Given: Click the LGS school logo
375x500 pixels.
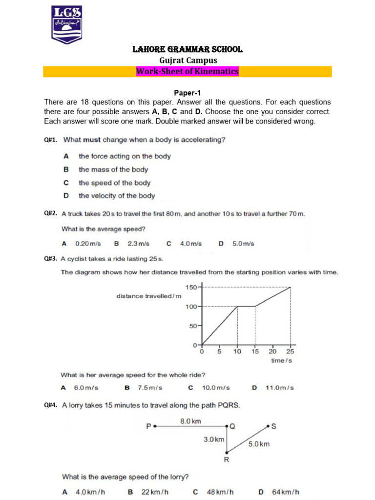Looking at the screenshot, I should pos(67,24).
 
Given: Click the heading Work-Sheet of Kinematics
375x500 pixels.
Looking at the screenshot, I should pos(187,72).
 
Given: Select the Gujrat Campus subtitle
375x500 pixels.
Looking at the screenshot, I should pos(188,60).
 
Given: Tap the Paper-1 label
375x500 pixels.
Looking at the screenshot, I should pos(187,93).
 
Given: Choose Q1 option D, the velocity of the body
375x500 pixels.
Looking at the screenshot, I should pos(116,196).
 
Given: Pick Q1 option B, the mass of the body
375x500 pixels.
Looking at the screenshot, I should pos(113,169).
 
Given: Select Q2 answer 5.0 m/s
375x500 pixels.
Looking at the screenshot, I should pos(243,244).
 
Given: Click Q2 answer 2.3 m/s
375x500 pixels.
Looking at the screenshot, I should pos(138,244).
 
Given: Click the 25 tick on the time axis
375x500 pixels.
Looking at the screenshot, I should pos(291,352).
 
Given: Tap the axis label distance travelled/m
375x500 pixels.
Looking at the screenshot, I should pos(148,296).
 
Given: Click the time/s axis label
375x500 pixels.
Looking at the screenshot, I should pos(281,361).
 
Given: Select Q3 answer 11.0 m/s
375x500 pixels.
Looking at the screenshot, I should pos(279,388).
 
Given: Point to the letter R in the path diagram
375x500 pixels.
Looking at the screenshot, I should pos(227,459).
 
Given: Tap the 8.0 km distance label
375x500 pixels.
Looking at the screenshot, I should pos(190,420).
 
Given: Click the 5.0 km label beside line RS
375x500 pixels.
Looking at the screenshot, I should pos(258,444).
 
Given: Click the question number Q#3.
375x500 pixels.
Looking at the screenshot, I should pos(51,259).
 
